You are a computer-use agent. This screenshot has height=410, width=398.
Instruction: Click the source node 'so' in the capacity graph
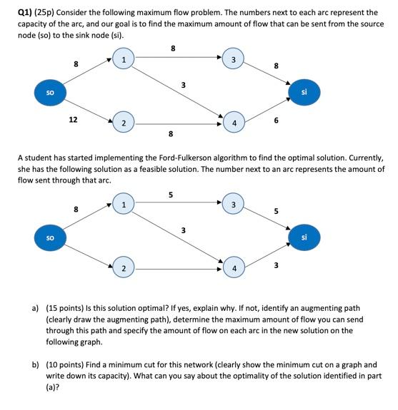pyautogui.click(x=50, y=92)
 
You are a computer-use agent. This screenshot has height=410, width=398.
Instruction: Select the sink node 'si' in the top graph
pyautogui.click(x=304, y=92)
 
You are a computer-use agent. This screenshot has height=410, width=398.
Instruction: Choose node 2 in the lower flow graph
pyautogui.click(x=124, y=268)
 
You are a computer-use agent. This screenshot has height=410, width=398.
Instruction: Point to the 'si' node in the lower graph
pyautogui.click(x=304, y=237)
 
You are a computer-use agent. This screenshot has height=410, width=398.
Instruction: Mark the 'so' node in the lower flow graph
pyautogui.click(x=50, y=237)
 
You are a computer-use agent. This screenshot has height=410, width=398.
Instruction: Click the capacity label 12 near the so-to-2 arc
pyautogui.click(x=73, y=121)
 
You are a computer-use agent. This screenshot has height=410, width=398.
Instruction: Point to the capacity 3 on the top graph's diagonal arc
pyautogui.click(x=184, y=86)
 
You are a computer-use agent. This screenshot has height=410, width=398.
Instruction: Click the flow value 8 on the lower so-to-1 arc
pyautogui.click(x=76, y=210)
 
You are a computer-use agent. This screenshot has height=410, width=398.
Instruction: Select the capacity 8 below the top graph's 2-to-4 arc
pyautogui.click(x=170, y=133)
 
